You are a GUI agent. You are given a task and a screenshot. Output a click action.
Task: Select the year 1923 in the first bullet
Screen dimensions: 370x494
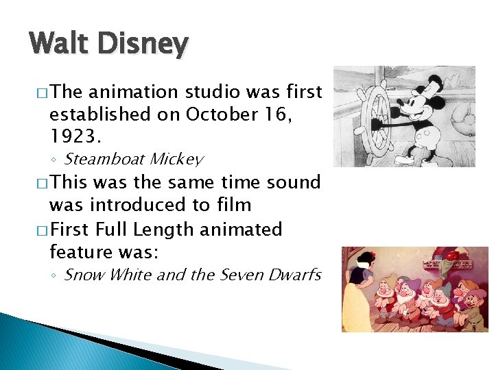(x=75, y=137)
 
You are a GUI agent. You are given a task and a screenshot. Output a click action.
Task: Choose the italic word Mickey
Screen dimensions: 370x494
(x=176, y=160)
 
